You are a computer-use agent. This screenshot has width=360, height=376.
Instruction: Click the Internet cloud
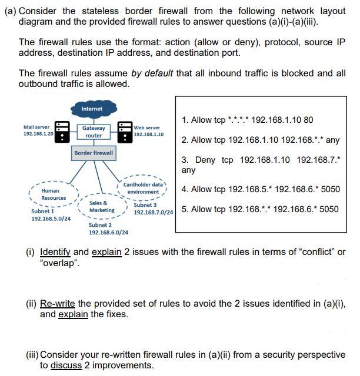click(x=92, y=109)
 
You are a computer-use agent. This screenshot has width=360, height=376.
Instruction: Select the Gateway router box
click(x=94, y=132)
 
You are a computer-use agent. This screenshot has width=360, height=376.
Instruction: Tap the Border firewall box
click(x=94, y=153)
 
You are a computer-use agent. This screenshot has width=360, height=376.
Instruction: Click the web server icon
click(x=125, y=132)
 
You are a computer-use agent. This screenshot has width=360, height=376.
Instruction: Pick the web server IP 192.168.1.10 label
click(x=148, y=135)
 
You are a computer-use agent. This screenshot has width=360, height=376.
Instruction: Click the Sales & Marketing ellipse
click(x=101, y=207)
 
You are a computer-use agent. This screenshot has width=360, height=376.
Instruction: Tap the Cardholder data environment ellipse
click(x=144, y=188)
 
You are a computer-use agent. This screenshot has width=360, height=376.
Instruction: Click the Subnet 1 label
click(x=42, y=211)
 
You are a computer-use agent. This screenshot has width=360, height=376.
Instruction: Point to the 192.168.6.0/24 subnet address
click(x=108, y=232)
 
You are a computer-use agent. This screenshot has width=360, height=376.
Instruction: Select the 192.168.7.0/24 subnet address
click(x=153, y=212)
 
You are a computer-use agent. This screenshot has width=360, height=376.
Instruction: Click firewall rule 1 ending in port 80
click(x=247, y=120)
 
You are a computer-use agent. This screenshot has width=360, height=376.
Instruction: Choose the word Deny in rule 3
click(x=205, y=160)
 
